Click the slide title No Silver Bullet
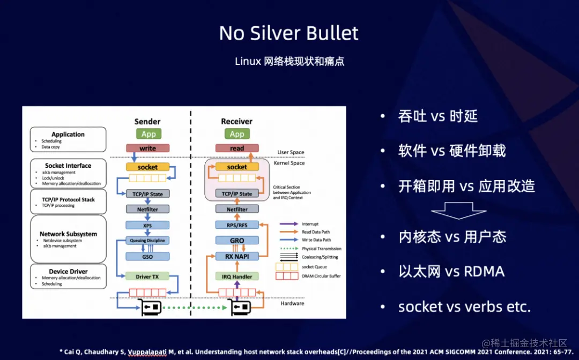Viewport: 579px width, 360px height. coord(289,33)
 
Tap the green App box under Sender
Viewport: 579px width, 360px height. coord(147,134)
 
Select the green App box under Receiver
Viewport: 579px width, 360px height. coord(237,134)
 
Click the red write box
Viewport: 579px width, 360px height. coord(147,148)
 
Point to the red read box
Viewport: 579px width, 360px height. coord(237,148)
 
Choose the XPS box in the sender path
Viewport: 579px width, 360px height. coord(147,226)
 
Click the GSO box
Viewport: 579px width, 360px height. coord(147,257)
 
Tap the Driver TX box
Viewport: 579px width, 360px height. coord(147,276)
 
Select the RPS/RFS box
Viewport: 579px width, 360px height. coord(237,225)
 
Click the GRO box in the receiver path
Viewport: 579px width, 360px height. coord(237,241)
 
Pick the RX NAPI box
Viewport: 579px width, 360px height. coord(237,257)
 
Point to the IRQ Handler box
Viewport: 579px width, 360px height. coord(237,276)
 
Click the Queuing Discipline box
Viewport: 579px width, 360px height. coord(147,241)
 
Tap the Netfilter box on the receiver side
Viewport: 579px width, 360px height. coord(237,209)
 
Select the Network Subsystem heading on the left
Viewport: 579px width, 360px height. coord(68,234)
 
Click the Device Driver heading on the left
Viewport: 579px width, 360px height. coord(68,272)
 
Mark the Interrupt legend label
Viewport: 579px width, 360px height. coord(310,224)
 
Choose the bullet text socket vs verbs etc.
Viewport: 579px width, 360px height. coord(464,307)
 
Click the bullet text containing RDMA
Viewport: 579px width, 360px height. coord(451,272)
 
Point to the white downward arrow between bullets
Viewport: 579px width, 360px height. coord(451,211)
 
